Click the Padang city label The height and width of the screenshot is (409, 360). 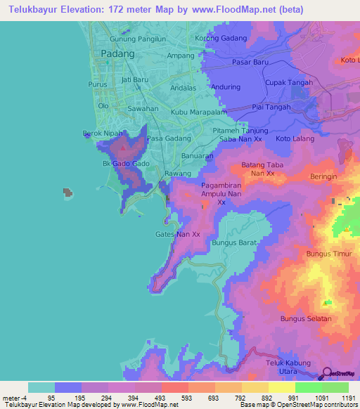tap(117, 53)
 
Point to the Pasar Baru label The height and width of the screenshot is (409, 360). tap(252, 63)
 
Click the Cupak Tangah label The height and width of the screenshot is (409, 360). tap(288, 82)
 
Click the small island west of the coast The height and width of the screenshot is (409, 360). tap(68, 191)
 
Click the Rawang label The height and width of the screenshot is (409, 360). tap(178, 173)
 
